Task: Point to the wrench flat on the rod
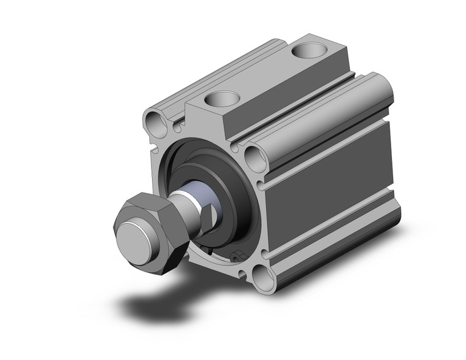pyautogui.click(x=210, y=215)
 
